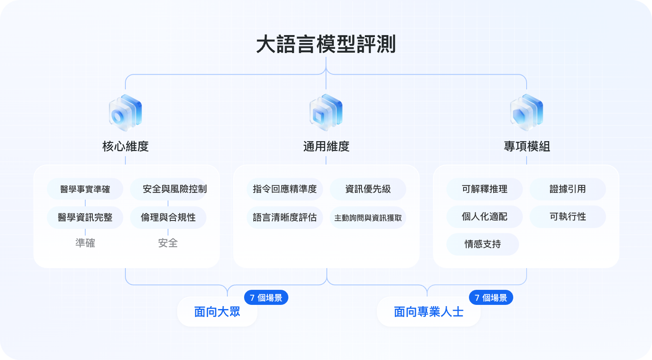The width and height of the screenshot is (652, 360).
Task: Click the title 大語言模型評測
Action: tap(326, 44)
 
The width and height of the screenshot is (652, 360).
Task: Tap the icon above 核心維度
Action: tap(125, 112)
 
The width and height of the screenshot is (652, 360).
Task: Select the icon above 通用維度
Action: tap(326, 112)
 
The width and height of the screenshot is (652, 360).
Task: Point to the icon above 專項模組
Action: tap(527, 112)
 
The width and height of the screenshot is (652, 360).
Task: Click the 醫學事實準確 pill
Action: tap(85, 189)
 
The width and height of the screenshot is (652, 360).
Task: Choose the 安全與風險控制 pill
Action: tap(168, 189)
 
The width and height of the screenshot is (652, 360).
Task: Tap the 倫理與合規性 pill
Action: tap(168, 217)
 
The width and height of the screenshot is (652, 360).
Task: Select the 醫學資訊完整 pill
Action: tap(85, 217)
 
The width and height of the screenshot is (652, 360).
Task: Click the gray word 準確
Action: tap(85, 243)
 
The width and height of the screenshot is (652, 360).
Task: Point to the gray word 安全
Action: tap(168, 243)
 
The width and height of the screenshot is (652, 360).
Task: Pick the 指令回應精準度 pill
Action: tap(285, 189)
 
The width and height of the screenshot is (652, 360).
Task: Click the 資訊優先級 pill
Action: tap(368, 189)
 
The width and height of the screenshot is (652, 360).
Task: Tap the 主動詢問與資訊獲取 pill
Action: tap(368, 217)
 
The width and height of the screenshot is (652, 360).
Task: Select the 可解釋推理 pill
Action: tap(485, 189)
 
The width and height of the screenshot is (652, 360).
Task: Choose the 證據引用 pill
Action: tap(568, 189)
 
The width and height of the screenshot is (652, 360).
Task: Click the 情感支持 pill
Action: tap(483, 244)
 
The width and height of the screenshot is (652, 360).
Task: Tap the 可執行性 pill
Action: tap(568, 217)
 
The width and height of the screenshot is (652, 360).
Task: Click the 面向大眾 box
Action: tap(217, 312)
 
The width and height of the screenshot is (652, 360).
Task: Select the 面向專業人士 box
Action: tap(428, 312)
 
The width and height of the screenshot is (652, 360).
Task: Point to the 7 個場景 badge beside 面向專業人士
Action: tap(491, 297)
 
